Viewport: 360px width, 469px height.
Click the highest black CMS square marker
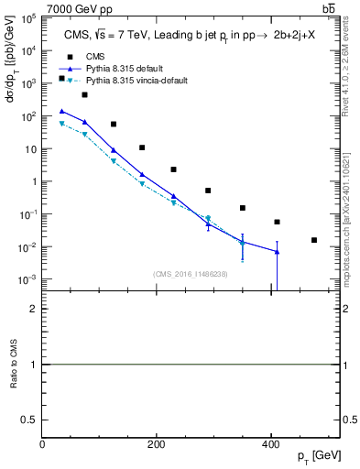click(x=61, y=79)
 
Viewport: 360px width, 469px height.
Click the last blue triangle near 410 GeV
click(x=277, y=252)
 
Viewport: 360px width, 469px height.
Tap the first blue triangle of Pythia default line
click(x=61, y=111)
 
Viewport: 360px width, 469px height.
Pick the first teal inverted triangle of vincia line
click(x=61, y=123)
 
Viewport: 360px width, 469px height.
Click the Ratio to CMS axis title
click(x=13, y=364)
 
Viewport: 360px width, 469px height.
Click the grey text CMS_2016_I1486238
click(x=191, y=273)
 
